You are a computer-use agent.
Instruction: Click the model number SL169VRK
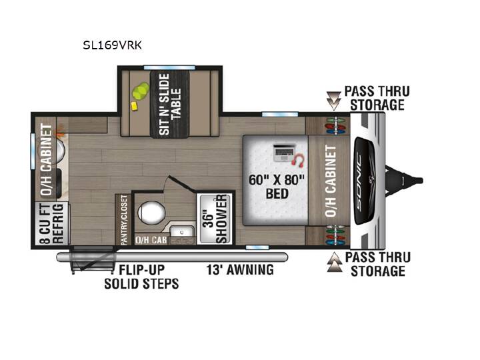113,45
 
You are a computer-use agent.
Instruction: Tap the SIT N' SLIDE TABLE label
170,104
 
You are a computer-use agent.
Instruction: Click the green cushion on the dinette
141,91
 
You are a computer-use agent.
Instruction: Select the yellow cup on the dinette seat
134,106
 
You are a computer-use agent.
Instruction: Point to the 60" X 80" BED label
277,187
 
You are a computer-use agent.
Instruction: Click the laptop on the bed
284,153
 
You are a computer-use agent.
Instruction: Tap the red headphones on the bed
299,161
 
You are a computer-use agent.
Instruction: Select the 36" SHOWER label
216,219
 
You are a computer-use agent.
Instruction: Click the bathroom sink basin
182,231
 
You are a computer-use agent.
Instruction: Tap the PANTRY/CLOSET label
124,220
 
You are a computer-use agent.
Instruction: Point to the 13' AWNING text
240,270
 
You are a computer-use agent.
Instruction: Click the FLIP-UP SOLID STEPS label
141,277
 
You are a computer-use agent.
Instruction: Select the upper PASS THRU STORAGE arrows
333,101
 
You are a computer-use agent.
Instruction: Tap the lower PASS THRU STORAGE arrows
335,262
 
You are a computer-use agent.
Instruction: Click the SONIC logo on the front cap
359,181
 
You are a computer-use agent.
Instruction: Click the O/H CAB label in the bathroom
151,240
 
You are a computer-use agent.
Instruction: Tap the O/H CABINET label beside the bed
331,181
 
